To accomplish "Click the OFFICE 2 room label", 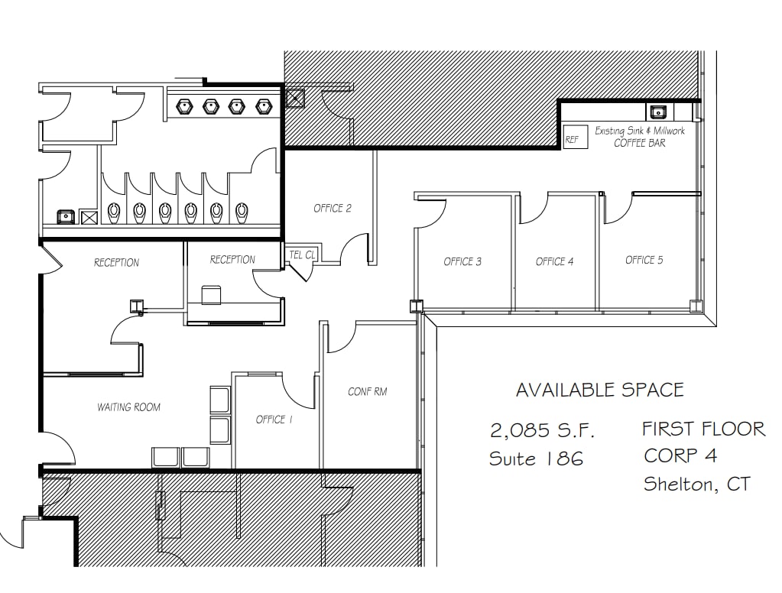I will pyautogui.click(x=333, y=208).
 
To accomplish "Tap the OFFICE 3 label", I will pyautogui.click(x=462, y=261).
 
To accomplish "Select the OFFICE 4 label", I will pyautogui.click(x=554, y=261).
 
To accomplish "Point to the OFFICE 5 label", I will pyautogui.click(x=644, y=260).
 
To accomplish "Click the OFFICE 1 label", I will pyautogui.click(x=274, y=420).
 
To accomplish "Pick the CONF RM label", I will pyautogui.click(x=367, y=391).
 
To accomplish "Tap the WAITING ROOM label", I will pyautogui.click(x=128, y=407).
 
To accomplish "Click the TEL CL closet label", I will pyautogui.click(x=301, y=254).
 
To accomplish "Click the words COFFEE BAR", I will pyautogui.click(x=640, y=143).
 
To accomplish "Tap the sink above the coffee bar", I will pyautogui.click(x=657, y=112).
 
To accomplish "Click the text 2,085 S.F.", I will pyautogui.click(x=542, y=430).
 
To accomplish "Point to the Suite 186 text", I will pyautogui.click(x=536, y=459).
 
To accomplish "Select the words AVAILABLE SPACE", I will pyautogui.click(x=599, y=390).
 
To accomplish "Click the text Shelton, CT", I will pyautogui.click(x=696, y=484).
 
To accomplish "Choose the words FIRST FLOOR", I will pyautogui.click(x=703, y=429).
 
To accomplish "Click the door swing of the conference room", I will pyautogui.click(x=342, y=336).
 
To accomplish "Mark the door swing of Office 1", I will pyautogui.click(x=298, y=390).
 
